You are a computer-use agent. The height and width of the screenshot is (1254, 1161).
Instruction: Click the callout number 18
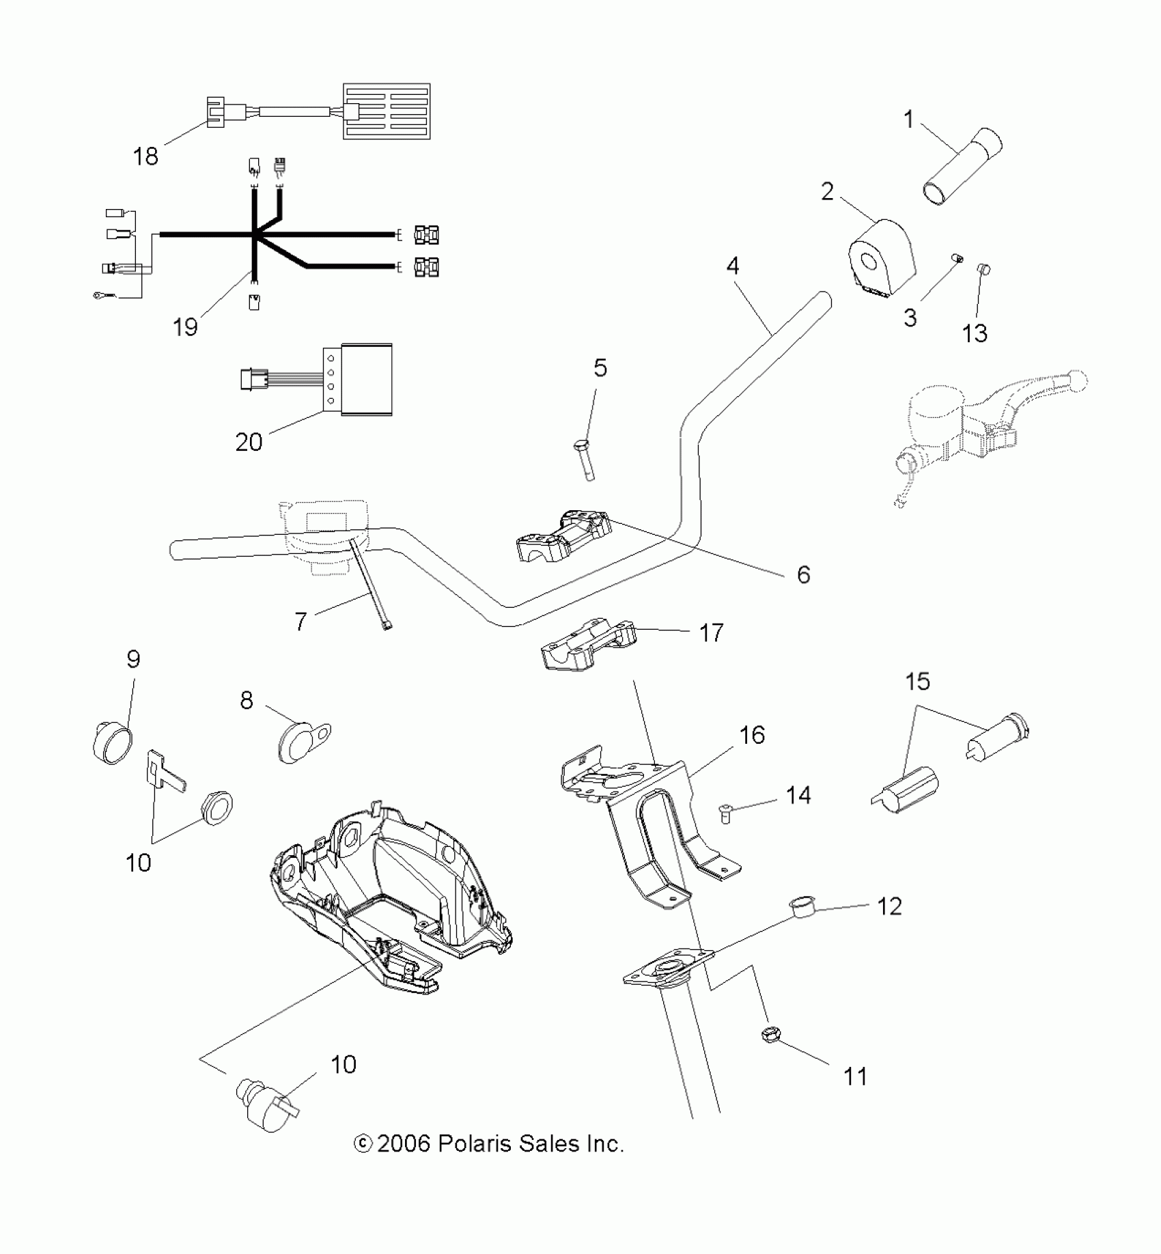(145, 156)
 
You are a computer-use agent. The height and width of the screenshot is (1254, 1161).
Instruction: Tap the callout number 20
(249, 442)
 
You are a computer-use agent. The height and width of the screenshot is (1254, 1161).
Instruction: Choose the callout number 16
(752, 735)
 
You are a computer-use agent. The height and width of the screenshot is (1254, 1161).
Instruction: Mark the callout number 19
(185, 326)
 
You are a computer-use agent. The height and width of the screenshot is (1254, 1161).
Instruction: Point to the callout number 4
(733, 265)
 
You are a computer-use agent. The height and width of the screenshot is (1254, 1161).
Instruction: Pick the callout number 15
(918, 681)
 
